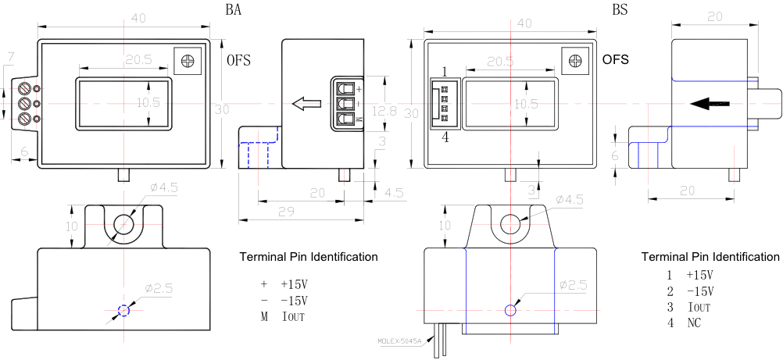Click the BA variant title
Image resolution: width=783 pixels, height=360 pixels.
pos(233,10)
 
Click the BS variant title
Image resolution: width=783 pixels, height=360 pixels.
pos(619,10)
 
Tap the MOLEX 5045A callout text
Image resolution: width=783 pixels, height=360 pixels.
pos(399,340)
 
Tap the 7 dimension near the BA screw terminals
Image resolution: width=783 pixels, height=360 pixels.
pos(9,58)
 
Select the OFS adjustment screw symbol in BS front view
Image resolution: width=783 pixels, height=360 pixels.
pos(574,61)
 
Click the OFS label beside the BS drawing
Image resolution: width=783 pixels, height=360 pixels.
pos(615,59)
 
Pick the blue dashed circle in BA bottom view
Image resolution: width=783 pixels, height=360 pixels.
pos(123,310)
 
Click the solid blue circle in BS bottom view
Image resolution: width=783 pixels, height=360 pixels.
pos(510,310)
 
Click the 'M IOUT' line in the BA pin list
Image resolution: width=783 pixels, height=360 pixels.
pos(283,317)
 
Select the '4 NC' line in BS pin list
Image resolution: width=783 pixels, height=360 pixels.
pos(683,323)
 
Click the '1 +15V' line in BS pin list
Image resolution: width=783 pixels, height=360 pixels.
pos(690,275)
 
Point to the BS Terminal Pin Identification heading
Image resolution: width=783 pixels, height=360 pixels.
pos(710,257)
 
